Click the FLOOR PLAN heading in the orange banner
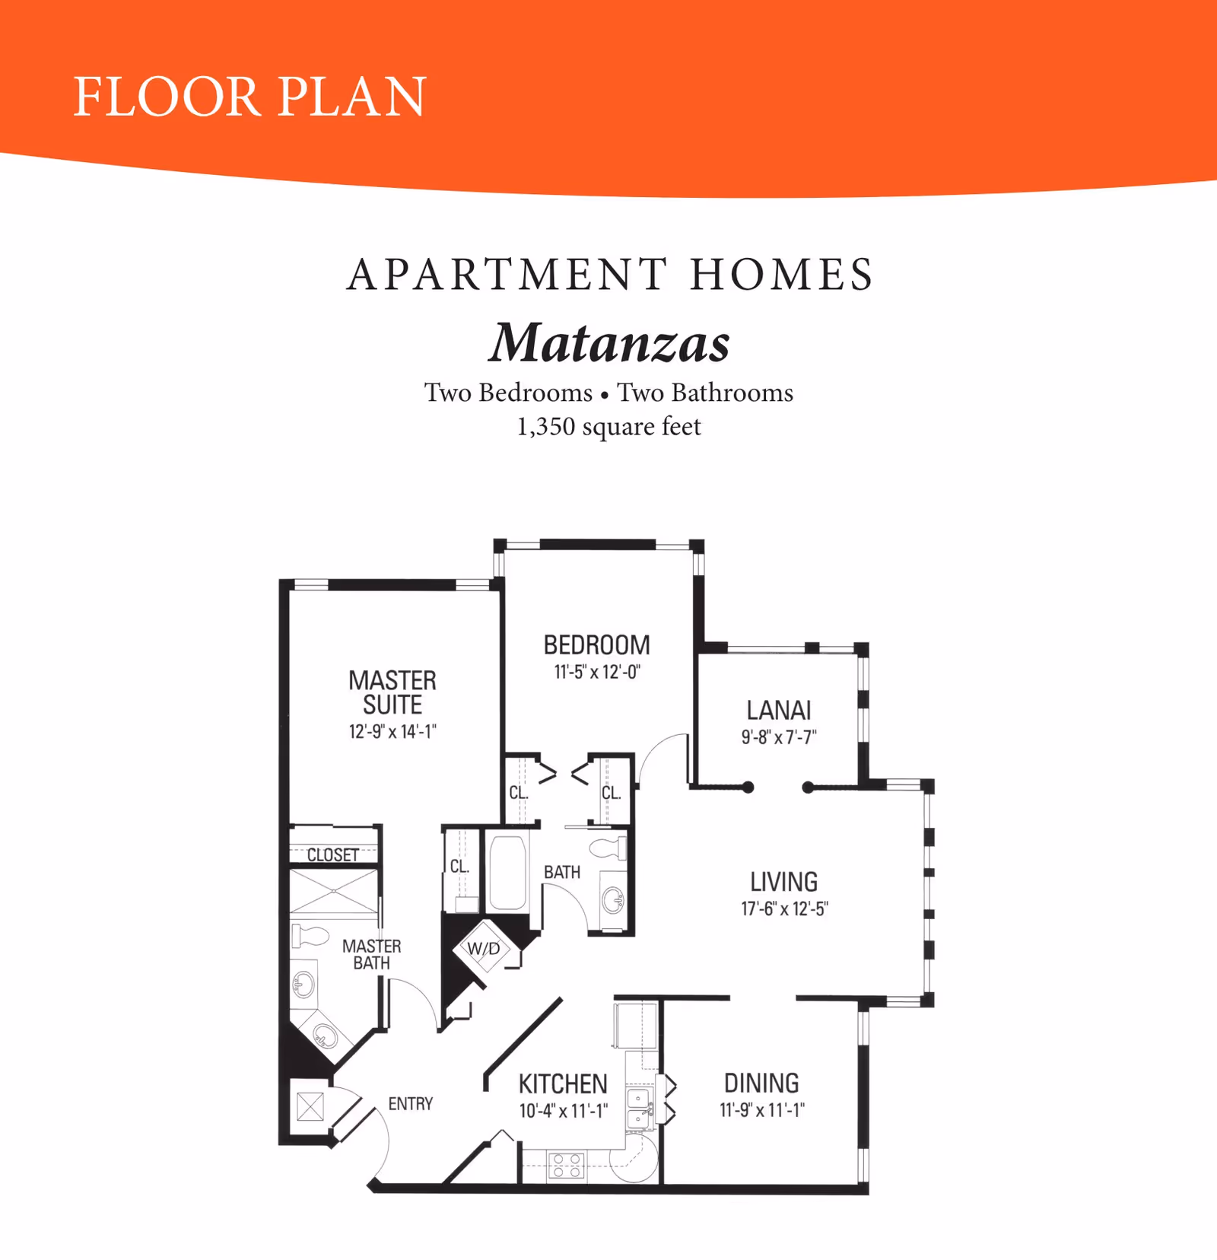coord(249,97)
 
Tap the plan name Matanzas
coord(609,342)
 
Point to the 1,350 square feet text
coord(608,427)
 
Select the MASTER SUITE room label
coord(392,692)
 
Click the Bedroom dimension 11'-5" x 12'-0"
coord(597,672)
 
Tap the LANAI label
coord(779,710)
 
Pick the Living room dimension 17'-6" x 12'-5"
coord(784,908)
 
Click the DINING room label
coord(761,1083)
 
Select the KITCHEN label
coord(563,1083)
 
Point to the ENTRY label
coord(410,1103)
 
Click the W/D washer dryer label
coord(484,949)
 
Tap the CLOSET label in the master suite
coord(332,855)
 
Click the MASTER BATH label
coord(371,954)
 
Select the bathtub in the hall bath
coord(507,873)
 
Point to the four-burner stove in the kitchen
coord(567,1166)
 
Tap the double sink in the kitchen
coord(639,1109)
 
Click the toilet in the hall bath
coord(608,848)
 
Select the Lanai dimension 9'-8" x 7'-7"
coord(779,737)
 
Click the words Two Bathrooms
coord(705,393)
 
